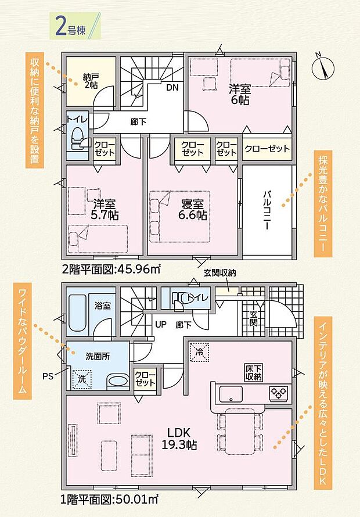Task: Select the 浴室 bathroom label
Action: tap(103, 306)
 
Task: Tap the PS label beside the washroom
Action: tap(48, 375)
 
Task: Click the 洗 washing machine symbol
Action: tap(80, 378)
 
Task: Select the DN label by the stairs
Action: tap(172, 88)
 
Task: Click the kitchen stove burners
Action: tap(278, 393)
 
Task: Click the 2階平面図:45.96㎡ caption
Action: tap(110, 269)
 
